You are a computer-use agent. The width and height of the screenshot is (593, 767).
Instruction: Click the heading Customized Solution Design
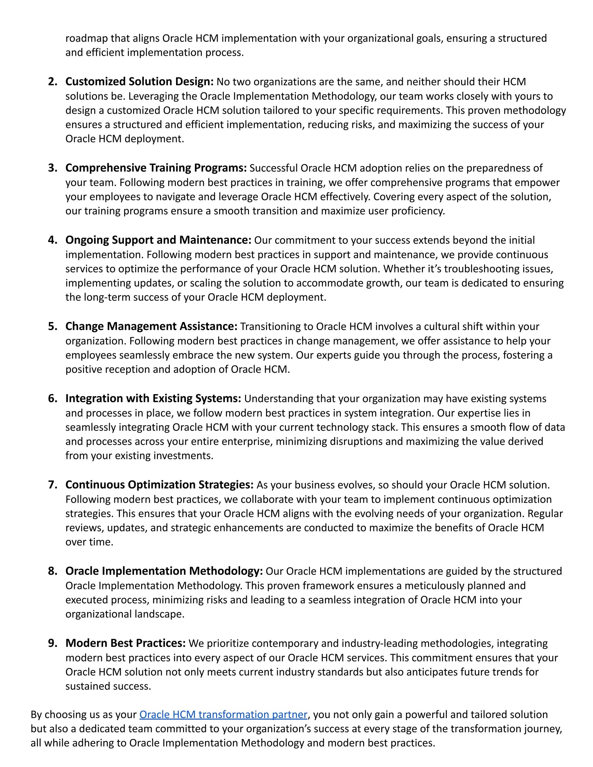click(x=139, y=82)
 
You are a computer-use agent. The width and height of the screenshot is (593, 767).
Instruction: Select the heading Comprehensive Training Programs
click(x=156, y=168)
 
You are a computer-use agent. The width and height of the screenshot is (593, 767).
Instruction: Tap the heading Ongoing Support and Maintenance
click(x=158, y=240)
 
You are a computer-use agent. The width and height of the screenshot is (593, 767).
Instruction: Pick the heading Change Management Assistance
click(x=151, y=326)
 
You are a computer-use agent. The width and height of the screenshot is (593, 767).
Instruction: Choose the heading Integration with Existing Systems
click(x=153, y=398)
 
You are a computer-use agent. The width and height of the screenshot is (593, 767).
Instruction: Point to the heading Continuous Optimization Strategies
click(x=159, y=485)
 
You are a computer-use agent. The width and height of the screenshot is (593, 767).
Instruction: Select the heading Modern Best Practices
click(x=125, y=643)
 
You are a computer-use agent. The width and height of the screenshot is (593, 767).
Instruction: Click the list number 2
click(x=52, y=82)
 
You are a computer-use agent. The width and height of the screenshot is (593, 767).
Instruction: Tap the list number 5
click(x=52, y=326)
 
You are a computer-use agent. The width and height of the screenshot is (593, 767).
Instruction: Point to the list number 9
click(x=52, y=643)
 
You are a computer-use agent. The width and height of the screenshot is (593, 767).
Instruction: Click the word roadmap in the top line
click(x=86, y=38)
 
